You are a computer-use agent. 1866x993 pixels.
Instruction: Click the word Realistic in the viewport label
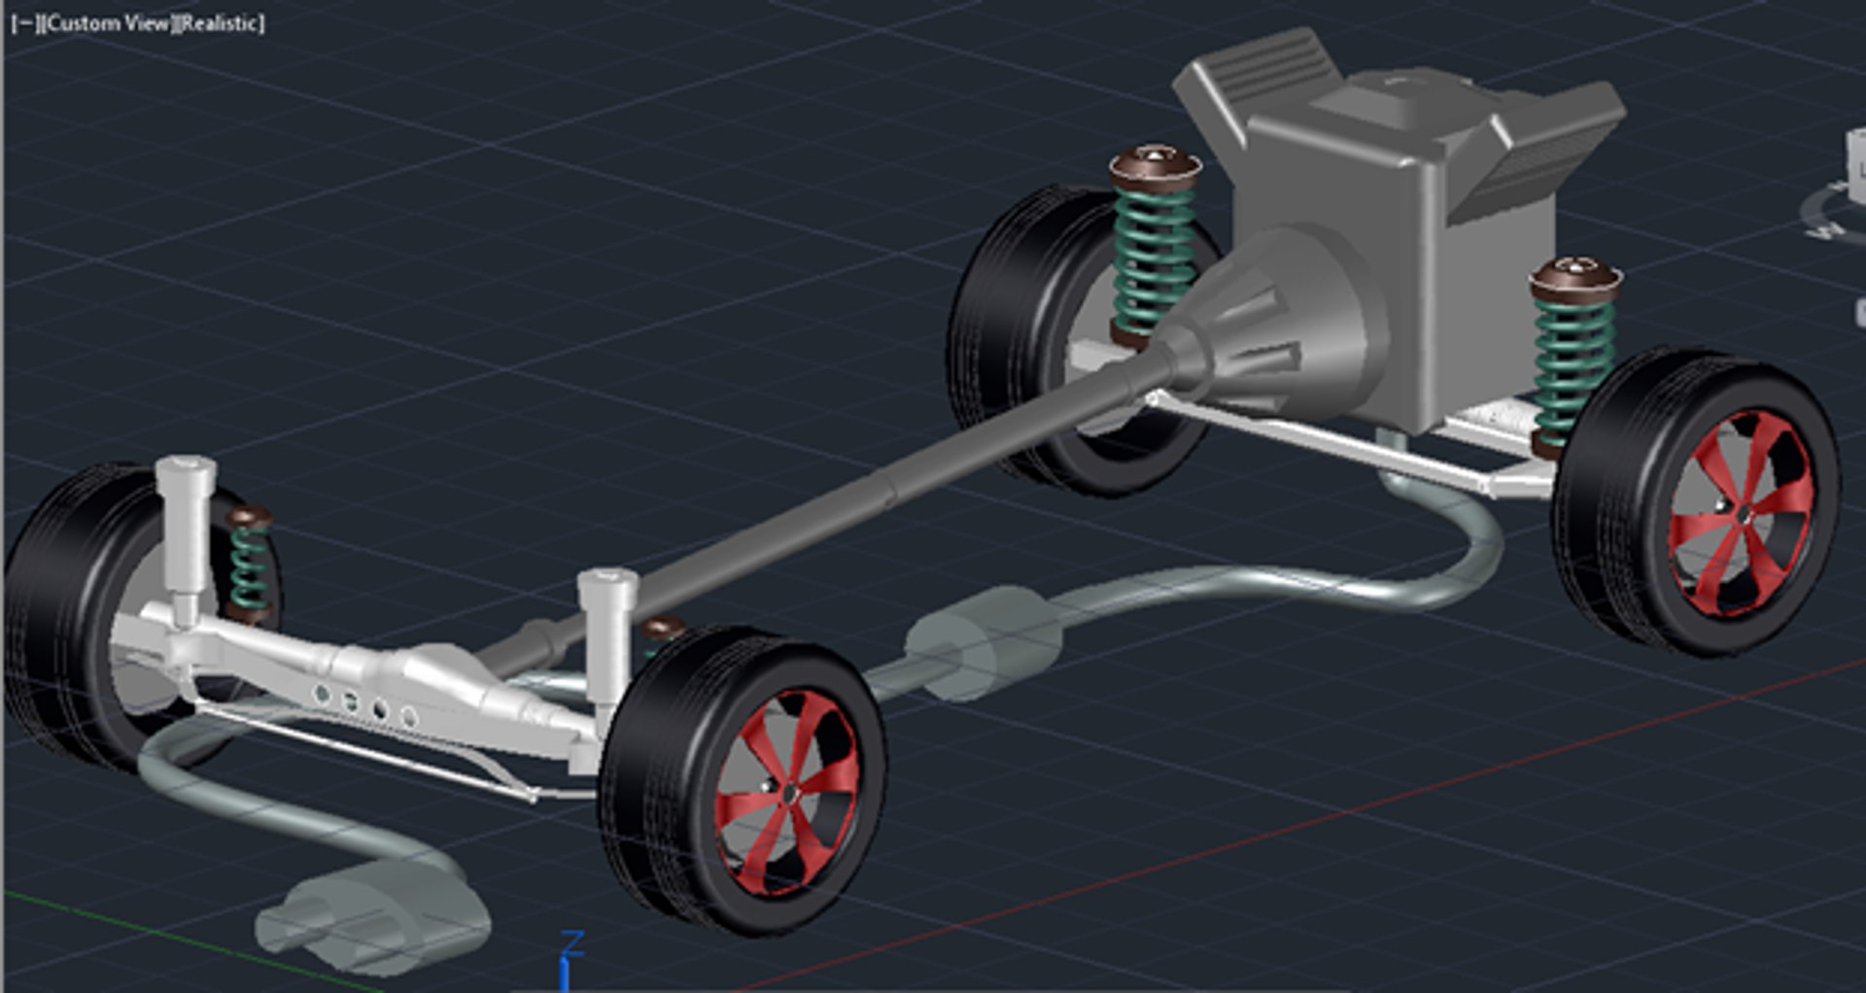click(221, 23)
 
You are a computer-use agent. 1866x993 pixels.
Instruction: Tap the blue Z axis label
click(573, 942)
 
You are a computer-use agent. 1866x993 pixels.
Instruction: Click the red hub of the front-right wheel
click(787, 792)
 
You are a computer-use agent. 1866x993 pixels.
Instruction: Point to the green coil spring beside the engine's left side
click(1154, 257)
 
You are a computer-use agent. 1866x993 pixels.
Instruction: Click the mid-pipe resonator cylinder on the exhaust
click(982, 641)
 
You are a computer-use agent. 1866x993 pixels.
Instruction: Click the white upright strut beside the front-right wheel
click(607, 632)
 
